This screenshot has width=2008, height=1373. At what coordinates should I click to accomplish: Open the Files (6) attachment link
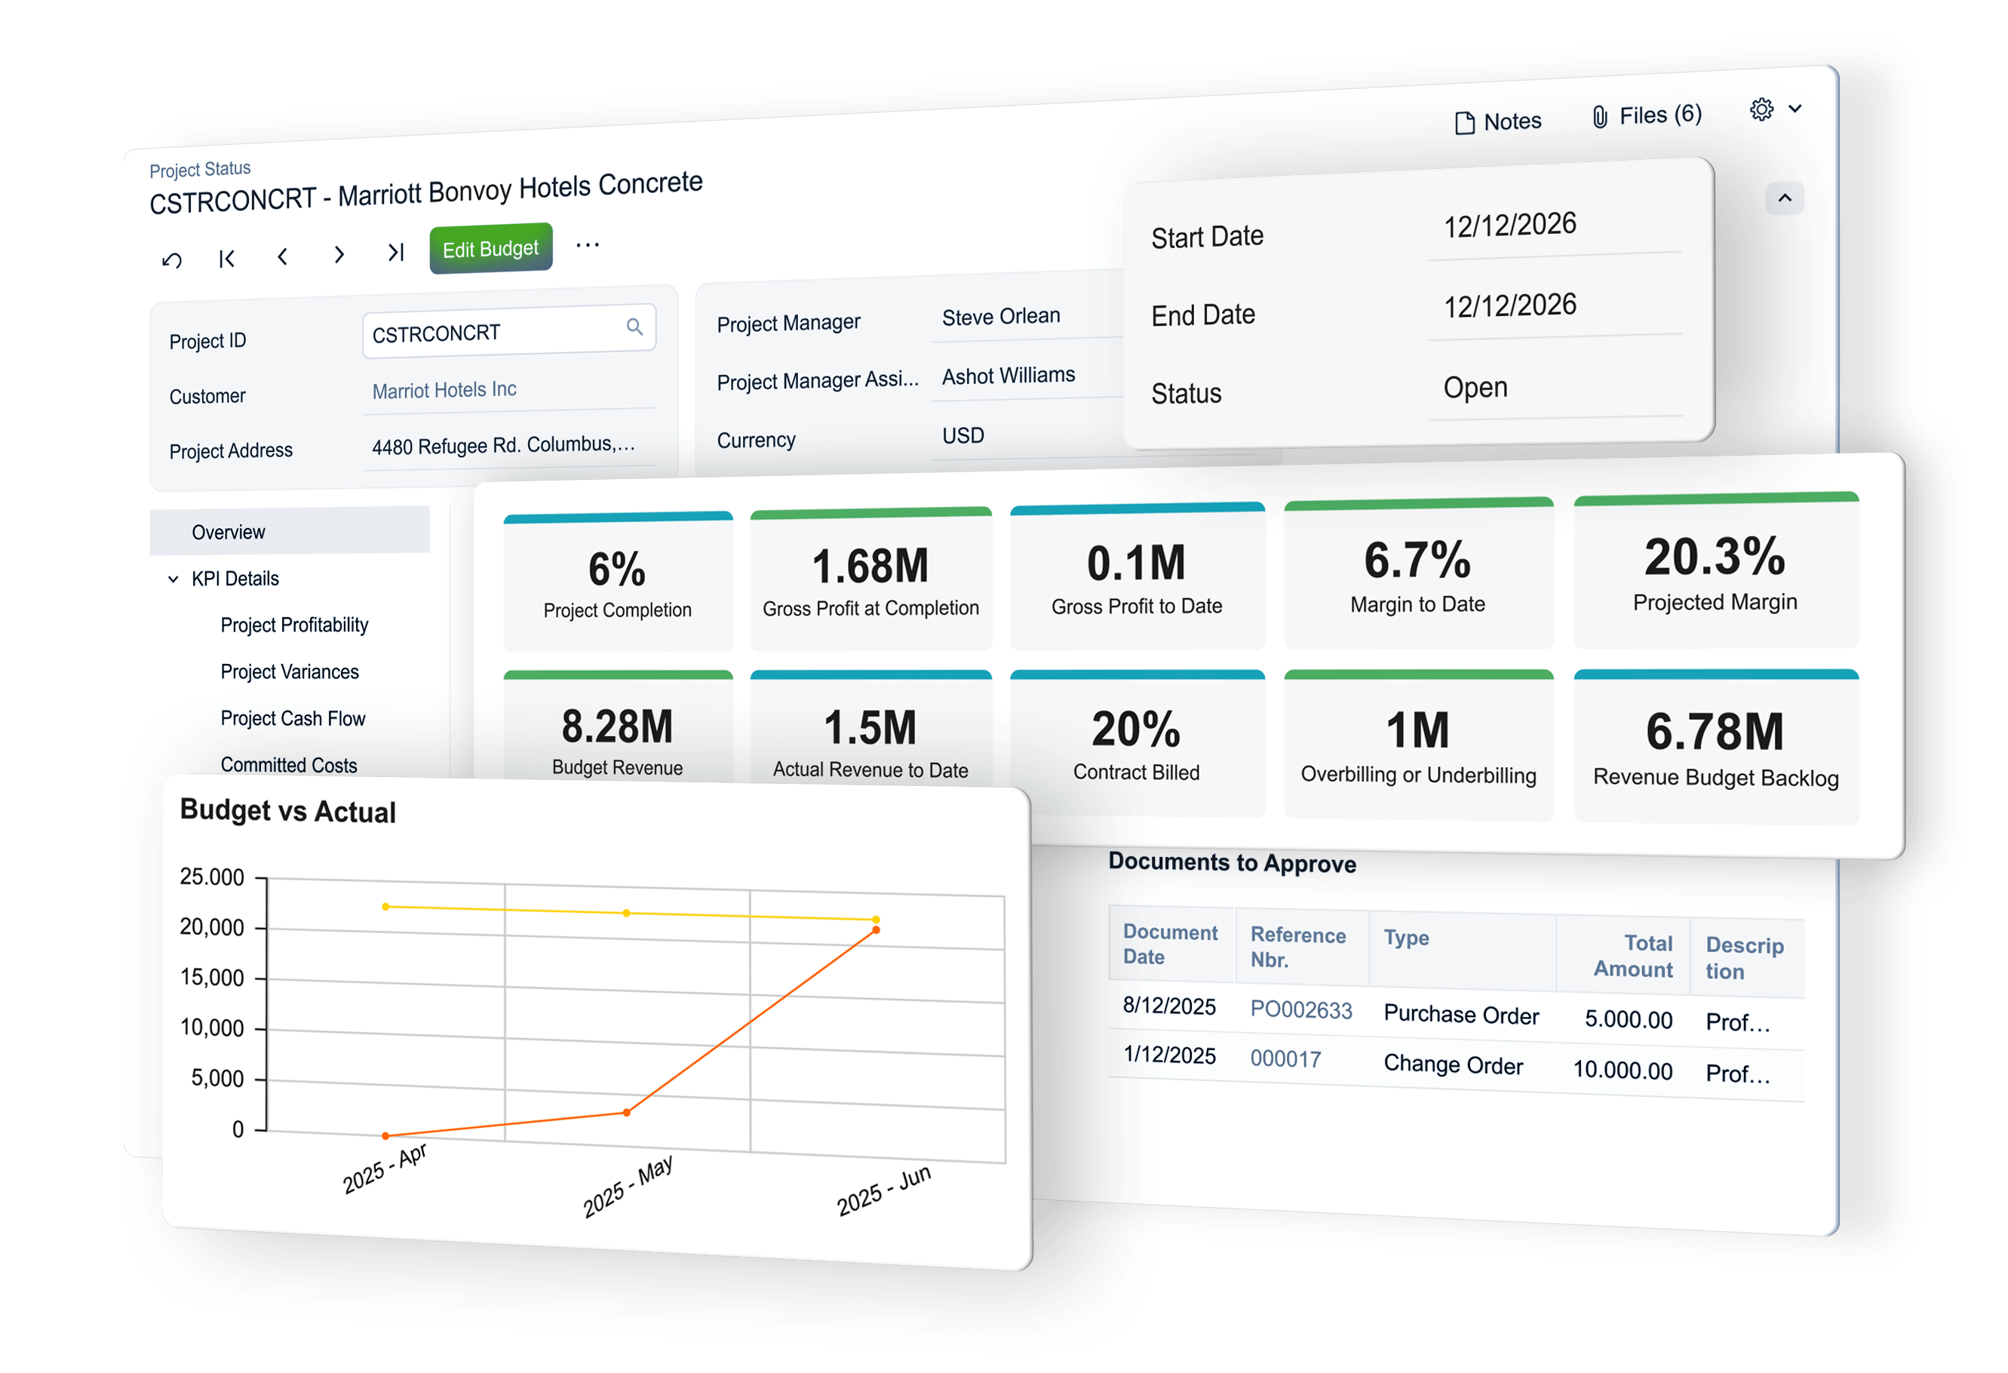click(x=1647, y=115)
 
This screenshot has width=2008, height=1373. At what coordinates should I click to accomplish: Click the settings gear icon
click(x=1761, y=109)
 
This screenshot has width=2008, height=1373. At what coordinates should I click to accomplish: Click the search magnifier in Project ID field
click(x=634, y=327)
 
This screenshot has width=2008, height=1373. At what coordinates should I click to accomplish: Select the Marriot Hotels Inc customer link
click(x=444, y=390)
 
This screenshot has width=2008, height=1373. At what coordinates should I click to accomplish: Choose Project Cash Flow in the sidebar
click(x=292, y=718)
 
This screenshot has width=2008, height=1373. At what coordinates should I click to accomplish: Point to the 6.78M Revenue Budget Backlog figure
click(x=1715, y=731)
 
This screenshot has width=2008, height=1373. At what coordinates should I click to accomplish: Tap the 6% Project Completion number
click(x=617, y=570)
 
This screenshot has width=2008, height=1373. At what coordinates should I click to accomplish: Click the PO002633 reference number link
click(x=1300, y=1009)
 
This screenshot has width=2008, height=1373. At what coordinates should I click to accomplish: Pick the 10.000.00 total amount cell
click(x=1622, y=1070)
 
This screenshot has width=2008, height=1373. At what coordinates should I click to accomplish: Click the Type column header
click(x=1406, y=938)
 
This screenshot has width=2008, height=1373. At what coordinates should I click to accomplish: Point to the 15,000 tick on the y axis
click(x=212, y=977)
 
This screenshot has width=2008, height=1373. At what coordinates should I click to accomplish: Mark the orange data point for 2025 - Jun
click(x=876, y=929)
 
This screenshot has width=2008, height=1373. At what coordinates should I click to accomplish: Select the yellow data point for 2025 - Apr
click(x=385, y=906)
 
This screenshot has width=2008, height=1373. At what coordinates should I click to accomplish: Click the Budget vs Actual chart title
click(x=287, y=812)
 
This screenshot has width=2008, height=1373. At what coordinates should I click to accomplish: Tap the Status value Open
click(x=1475, y=387)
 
